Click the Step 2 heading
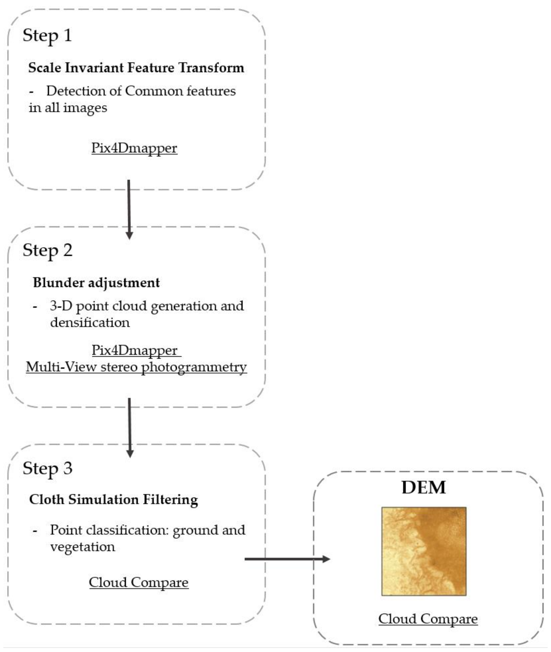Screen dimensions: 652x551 (x=47, y=250)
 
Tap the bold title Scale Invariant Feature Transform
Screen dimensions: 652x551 (x=136, y=68)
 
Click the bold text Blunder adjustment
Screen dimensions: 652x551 (x=96, y=283)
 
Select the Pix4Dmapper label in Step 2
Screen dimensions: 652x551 (x=135, y=350)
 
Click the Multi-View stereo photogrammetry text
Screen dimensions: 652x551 (x=136, y=367)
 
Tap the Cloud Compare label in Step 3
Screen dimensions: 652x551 (x=139, y=582)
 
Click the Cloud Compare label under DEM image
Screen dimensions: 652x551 (x=428, y=619)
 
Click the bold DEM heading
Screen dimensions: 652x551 (x=423, y=487)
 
